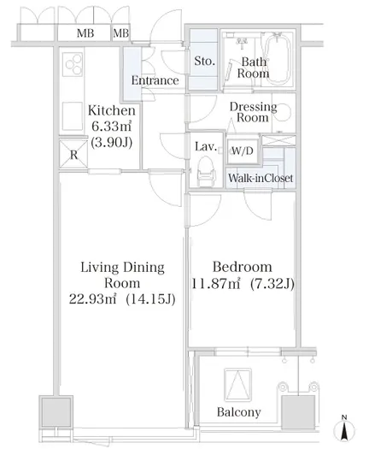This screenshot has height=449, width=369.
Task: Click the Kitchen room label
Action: click(112, 110)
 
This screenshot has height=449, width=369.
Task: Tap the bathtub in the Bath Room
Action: click(277, 58)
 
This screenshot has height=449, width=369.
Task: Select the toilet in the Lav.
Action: click(206, 171)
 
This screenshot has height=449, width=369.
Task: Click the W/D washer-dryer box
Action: click(243, 151)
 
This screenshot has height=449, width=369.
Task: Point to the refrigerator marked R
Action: click(73, 154)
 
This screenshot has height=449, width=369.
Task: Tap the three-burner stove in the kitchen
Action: click(73, 65)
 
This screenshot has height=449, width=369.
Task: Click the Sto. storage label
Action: click(204, 61)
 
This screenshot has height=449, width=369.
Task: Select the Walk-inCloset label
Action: click(261, 178)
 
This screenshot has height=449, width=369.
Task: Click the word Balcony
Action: click(239, 412)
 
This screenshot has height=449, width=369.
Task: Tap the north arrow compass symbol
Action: click(345, 428)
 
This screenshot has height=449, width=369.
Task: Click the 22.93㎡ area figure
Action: click(93, 299)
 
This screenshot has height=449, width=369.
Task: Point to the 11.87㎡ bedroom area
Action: click(215, 284)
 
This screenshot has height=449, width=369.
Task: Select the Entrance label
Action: click(155, 80)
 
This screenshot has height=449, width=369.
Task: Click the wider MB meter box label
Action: click(85, 33)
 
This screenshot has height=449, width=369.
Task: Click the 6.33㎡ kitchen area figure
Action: click(112, 126)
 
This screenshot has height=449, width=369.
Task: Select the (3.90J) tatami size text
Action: click(112, 142)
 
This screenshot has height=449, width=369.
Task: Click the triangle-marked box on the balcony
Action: click(238, 385)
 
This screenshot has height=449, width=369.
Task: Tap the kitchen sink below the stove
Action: click(73, 116)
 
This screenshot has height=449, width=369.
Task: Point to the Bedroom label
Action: click(243, 267)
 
